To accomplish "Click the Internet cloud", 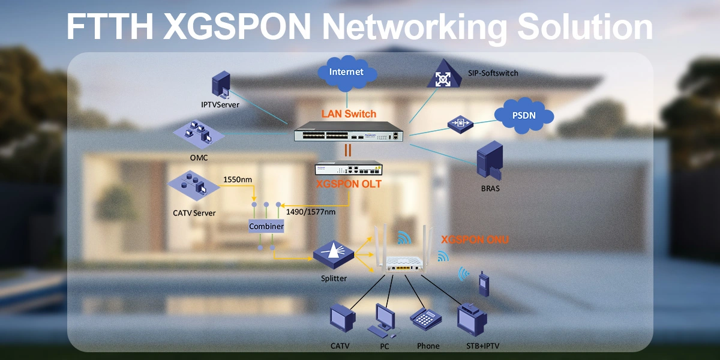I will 347,73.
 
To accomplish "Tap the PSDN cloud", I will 524,115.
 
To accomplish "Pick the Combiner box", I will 266,226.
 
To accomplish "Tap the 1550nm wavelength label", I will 238,179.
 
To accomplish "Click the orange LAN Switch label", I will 349,113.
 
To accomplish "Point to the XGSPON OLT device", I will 349,169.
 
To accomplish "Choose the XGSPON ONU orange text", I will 475,240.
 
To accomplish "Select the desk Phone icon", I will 426,318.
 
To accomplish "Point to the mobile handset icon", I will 483,284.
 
